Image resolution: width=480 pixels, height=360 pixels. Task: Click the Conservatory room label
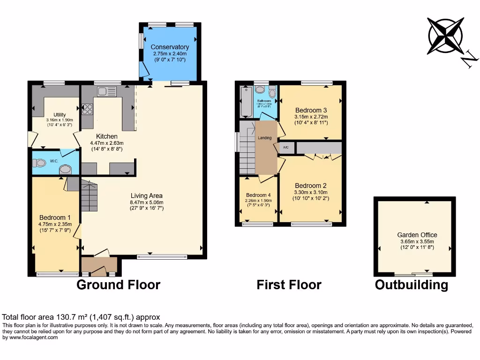click(170, 47)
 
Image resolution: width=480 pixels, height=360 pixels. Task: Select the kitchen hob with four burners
click(87, 109)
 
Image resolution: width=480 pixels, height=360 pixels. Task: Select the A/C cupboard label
click(285, 148)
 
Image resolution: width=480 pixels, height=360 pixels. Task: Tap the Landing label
click(265, 138)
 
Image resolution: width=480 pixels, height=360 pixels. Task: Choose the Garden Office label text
click(417, 235)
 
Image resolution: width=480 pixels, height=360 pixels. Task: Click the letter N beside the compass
click(469, 59)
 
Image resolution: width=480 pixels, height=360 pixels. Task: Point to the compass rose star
click(445, 36)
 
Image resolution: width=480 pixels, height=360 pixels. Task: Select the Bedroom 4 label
click(258, 195)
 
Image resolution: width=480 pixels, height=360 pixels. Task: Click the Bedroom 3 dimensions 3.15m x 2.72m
click(311, 117)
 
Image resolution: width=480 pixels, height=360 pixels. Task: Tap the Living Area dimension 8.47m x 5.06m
click(147, 202)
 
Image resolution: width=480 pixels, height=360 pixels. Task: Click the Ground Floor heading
click(118, 285)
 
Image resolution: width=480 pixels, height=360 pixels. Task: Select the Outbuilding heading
click(411, 285)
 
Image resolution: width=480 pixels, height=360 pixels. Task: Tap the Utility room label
click(60, 115)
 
